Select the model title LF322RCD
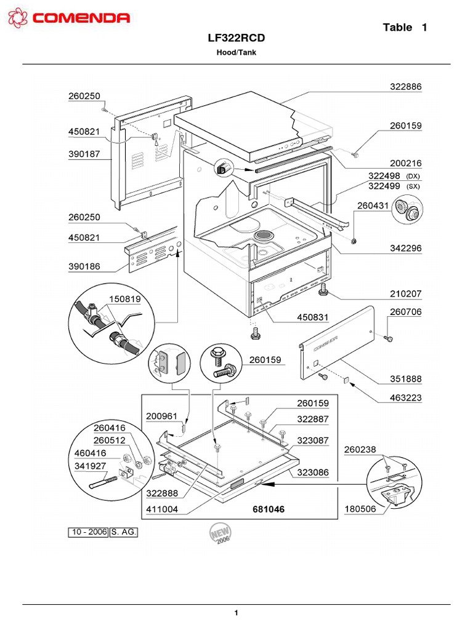(236, 38)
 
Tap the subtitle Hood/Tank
(236, 53)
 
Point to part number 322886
(406, 87)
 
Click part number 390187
(84, 154)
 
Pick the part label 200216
(406, 164)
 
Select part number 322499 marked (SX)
(384, 186)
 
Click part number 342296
(406, 249)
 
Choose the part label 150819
(125, 300)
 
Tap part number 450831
(313, 317)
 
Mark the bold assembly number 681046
(269, 510)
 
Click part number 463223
(406, 398)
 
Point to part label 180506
(360, 509)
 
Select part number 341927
(90, 466)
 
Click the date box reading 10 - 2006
(88, 532)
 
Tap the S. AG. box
(124, 532)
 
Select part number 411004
(162, 510)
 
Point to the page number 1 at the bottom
(236, 613)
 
